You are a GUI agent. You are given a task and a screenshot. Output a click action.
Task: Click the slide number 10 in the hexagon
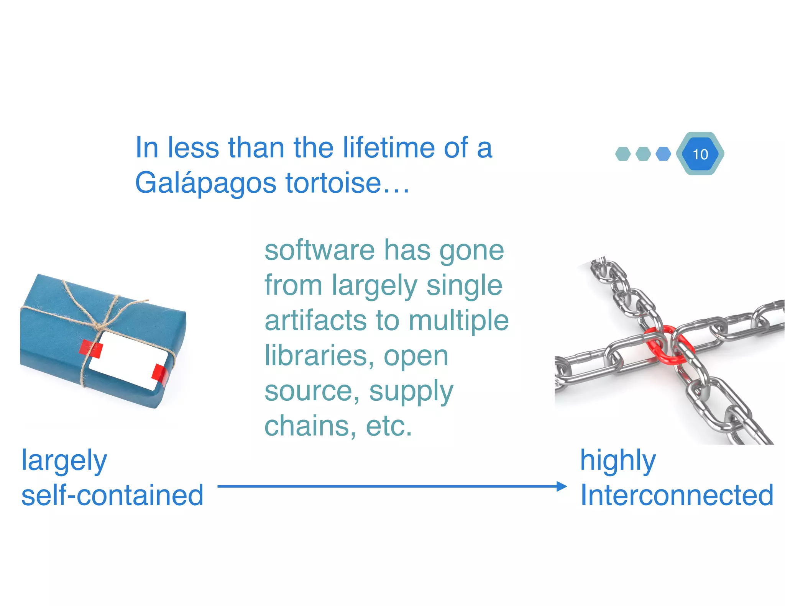click(700, 154)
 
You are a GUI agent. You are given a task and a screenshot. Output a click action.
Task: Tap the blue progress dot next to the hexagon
click(663, 154)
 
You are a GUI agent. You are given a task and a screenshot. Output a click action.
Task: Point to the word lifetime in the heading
click(389, 147)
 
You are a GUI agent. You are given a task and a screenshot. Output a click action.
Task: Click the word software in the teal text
click(319, 251)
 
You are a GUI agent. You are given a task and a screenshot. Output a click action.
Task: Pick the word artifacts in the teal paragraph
click(316, 321)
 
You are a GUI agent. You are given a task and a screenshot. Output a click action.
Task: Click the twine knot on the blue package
click(100, 326)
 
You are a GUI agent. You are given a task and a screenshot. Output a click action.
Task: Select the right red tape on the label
click(159, 375)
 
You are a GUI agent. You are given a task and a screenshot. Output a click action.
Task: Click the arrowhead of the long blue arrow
click(562, 486)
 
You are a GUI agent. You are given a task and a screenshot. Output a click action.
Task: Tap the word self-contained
click(112, 495)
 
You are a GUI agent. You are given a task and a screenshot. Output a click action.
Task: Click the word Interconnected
click(677, 495)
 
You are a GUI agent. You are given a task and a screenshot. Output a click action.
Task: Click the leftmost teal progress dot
click(623, 154)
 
